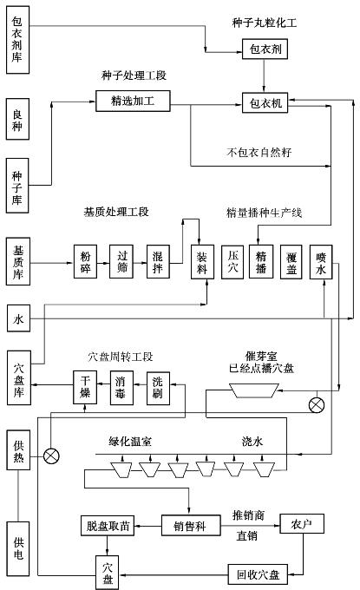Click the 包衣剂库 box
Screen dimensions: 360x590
point(17,40)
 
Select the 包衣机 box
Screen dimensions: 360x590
point(265,102)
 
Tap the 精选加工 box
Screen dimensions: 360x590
point(133,101)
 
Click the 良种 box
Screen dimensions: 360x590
point(17,119)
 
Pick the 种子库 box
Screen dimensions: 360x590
point(17,186)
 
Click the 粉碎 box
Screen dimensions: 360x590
point(85,261)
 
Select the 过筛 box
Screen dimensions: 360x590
point(121,261)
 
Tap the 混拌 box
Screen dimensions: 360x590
point(158,261)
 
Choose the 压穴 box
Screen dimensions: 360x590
point(232,262)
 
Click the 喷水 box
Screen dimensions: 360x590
point(321,262)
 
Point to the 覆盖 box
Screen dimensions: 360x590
point(291,262)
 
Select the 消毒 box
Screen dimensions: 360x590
point(121,388)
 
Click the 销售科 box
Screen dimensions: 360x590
point(191,525)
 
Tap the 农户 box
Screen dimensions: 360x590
point(302,523)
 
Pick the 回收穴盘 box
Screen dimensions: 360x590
point(258,574)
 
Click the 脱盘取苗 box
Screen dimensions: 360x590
point(108,525)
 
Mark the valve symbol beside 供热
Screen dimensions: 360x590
point(51,456)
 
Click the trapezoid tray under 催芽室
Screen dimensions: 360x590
point(254,390)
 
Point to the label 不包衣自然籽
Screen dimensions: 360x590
point(259,152)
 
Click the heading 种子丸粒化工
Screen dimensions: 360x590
point(265,23)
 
